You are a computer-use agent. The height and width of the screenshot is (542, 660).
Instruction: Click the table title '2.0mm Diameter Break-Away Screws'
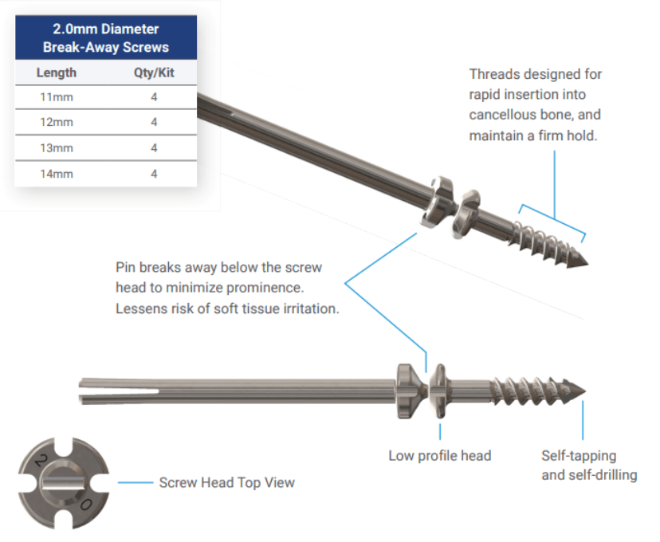point(106,38)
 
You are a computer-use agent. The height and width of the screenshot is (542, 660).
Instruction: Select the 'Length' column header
point(57,73)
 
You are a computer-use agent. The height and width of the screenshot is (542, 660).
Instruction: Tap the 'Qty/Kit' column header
point(153,73)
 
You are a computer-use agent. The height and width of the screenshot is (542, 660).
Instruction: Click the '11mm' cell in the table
point(57,97)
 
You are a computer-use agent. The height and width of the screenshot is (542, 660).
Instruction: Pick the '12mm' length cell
point(57,122)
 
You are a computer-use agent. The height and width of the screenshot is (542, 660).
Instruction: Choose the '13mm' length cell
point(57,147)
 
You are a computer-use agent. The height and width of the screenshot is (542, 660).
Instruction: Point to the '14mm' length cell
point(57,173)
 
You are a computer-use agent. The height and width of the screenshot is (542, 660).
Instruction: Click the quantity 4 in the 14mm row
point(154,173)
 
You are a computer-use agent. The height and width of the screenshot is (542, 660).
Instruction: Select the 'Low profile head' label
point(439,456)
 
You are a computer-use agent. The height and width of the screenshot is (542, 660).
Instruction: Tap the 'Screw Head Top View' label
point(226,482)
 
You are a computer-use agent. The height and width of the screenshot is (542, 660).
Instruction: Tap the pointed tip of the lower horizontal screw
point(583,390)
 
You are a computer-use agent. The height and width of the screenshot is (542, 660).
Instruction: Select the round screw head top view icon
point(63,481)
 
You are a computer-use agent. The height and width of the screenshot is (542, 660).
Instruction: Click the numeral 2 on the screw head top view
point(37,461)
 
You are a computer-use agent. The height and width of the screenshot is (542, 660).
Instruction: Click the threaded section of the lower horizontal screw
point(530,390)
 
